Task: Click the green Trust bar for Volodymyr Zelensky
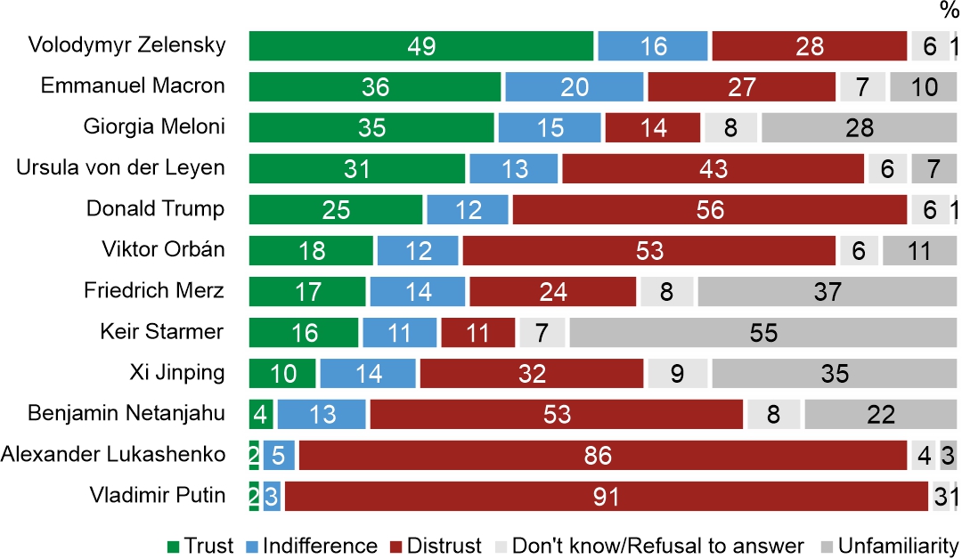420,45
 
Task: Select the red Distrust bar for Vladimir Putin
606,496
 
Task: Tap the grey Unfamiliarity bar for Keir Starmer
762,332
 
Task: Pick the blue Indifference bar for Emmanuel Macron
574,86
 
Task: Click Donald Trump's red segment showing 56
709,209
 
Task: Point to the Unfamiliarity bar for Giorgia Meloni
859,127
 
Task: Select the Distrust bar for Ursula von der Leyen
713,168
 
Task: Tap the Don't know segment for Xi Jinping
677,373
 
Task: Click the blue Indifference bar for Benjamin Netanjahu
322,414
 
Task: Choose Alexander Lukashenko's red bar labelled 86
602,455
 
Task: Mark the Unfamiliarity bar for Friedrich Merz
827,291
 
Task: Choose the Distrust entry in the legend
438,545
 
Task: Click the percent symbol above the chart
949,11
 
